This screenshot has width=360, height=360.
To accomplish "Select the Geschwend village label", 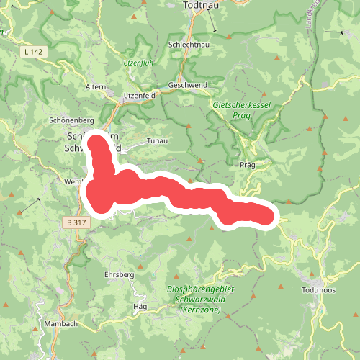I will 188,84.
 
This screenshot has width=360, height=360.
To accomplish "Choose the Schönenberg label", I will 72,120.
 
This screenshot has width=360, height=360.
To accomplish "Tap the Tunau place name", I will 157,141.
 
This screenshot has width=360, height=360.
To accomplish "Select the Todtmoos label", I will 319,290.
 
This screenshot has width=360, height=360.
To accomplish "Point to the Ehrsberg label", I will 120,275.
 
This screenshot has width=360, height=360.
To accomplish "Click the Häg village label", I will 140,306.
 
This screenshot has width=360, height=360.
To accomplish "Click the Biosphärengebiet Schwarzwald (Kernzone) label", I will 202,299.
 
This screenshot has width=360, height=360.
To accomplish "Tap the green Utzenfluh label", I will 140,64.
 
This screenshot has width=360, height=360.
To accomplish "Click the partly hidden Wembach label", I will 75,181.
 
